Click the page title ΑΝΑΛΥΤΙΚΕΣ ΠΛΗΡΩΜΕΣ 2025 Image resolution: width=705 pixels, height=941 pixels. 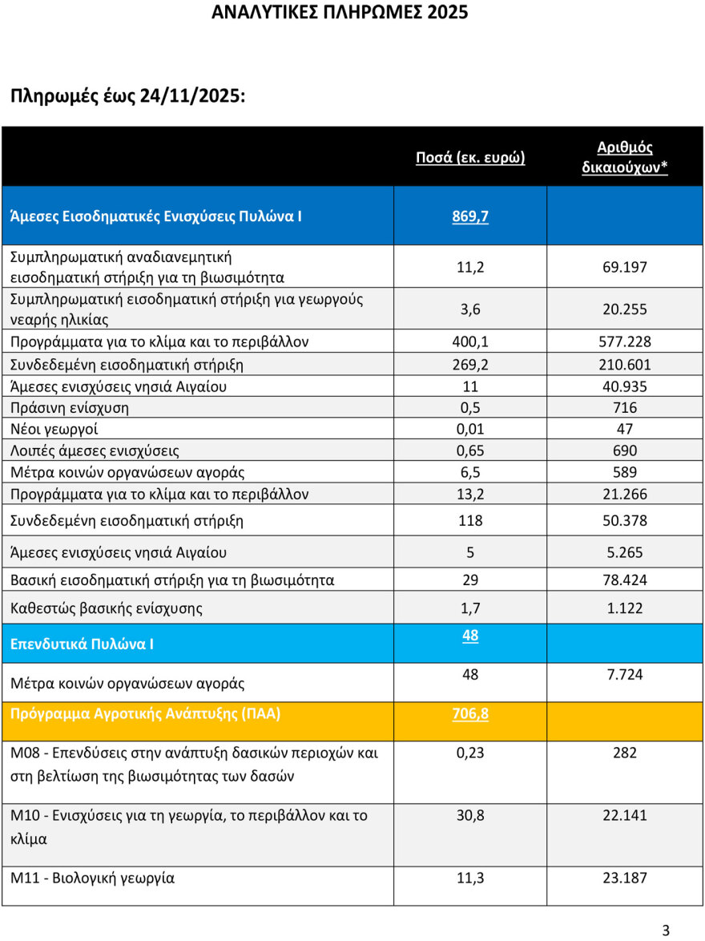(x=340, y=13)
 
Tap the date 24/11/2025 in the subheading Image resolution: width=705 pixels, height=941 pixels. (x=191, y=96)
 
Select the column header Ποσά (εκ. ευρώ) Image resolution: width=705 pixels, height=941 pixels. (x=470, y=157)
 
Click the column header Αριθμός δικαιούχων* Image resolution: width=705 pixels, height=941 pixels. (x=625, y=157)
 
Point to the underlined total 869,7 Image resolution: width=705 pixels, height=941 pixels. (x=470, y=216)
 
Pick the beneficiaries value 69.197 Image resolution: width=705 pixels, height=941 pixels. (x=625, y=267)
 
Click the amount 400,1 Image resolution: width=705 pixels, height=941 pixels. (x=470, y=342)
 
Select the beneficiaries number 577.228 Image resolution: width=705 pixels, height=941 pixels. (x=625, y=342)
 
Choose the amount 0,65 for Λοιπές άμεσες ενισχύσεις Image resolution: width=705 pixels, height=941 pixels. (x=470, y=451)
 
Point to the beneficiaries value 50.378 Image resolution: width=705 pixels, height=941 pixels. (x=625, y=521)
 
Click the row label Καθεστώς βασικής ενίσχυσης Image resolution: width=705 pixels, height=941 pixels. (x=107, y=608)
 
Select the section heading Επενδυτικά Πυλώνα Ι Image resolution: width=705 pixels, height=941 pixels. (x=83, y=644)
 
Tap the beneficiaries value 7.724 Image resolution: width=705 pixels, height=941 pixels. (x=625, y=675)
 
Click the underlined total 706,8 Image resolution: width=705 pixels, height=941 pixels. (x=470, y=713)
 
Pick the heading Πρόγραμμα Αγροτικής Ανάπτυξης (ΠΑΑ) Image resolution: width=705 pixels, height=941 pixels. (x=146, y=713)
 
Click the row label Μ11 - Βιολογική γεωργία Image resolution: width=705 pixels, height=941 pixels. (x=92, y=878)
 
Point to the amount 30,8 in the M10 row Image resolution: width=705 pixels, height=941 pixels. (x=470, y=816)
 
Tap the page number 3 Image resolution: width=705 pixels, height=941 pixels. (x=666, y=930)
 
